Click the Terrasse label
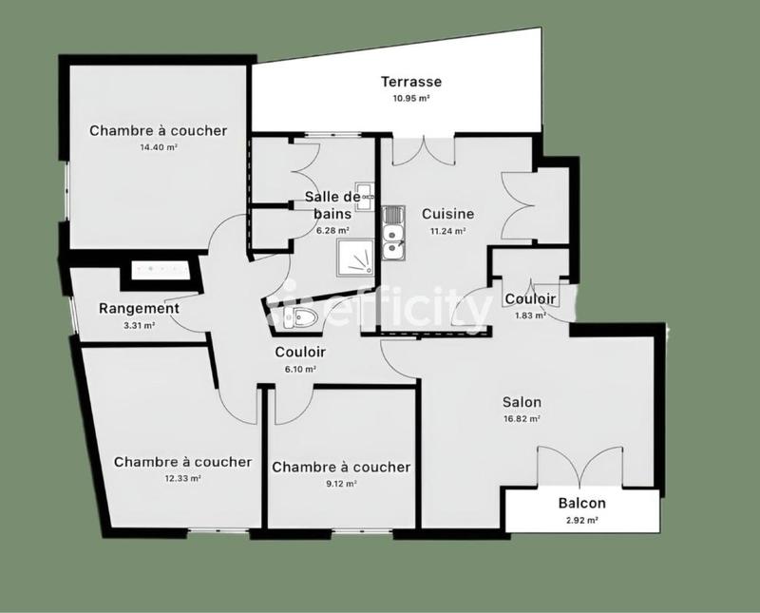click(x=410, y=82)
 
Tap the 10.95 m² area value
click(x=410, y=98)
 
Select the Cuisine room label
click(x=447, y=214)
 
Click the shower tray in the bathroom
click(x=357, y=255)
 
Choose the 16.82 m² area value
click(x=522, y=418)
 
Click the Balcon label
click(x=581, y=504)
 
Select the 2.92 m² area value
click(x=581, y=521)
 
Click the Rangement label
click(x=139, y=309)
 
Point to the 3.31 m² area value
click(x=139, y=325)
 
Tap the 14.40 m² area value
click(x=159, y=147)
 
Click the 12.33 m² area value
click(x=182, y=479)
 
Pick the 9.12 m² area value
click(x=341, y=484)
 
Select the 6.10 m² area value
click(x=300, y=369)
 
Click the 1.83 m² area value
click(x=530, y=316)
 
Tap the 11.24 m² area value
click(x=447, y=231)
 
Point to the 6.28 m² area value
click(x=332, y=230)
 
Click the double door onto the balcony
click(x=580, y=467)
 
